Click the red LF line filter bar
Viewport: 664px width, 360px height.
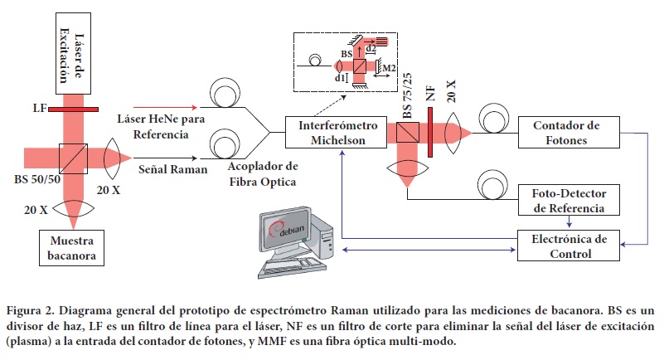click(74, 109)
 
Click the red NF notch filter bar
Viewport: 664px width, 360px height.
click(431, 133)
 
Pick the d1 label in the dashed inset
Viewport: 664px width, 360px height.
click(340, 78)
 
